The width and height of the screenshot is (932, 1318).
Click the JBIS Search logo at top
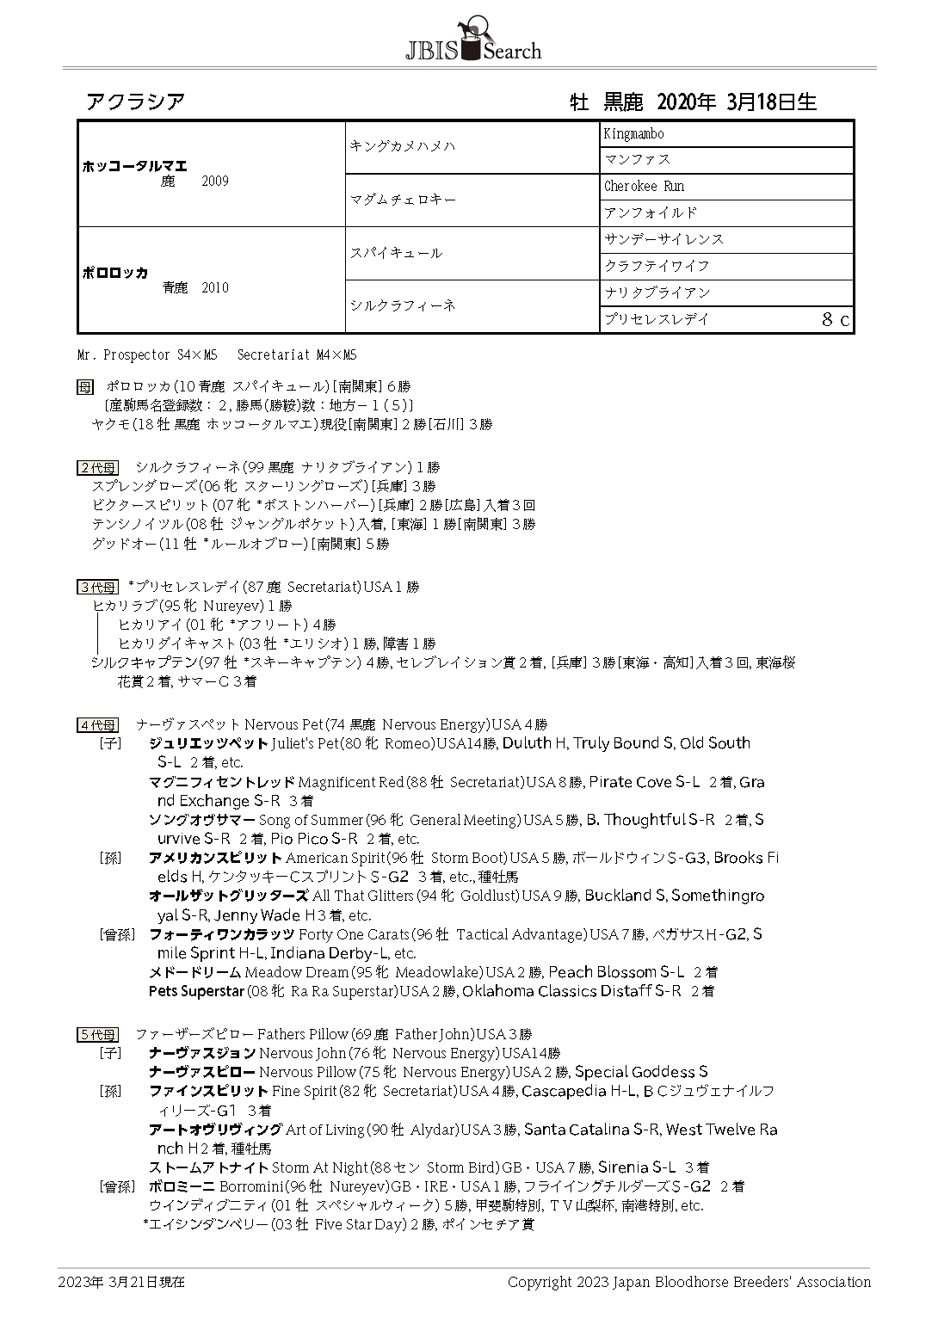tap(472, 41)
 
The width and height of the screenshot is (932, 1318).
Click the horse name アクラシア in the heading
tap(135, 102)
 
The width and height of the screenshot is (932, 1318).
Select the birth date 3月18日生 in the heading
tap(771, 102)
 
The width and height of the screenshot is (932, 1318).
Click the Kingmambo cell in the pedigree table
tap(633, 134)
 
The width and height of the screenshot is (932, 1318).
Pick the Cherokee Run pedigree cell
tap(644, 186)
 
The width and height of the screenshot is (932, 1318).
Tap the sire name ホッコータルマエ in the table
tap(134, 166)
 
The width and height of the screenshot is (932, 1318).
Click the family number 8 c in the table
tap(835, 320)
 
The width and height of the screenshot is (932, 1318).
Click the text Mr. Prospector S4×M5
tap(147, 354)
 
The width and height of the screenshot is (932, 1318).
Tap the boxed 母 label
tap(84, 386)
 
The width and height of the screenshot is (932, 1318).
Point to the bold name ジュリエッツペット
tap(208, 743)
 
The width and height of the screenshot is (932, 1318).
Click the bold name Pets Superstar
tap(196, 991)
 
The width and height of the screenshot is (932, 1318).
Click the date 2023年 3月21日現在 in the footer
tap(121, 1282)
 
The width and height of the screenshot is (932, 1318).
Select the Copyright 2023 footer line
tap(688, 1282)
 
